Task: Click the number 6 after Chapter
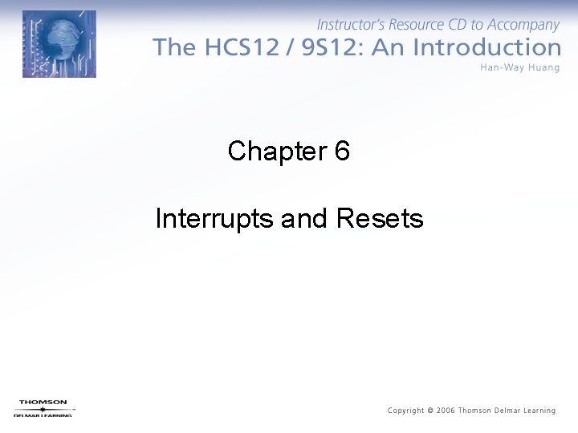(342, 151)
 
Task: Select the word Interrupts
(215, 218)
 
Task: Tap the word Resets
(380, 218)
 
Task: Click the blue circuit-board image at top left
(59, 44)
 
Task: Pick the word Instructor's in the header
(351, 25)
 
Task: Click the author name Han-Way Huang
(519, 67)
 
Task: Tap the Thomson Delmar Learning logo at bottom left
(43, 407)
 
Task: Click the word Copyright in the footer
(406, 411)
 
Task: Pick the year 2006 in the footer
(446, 411)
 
